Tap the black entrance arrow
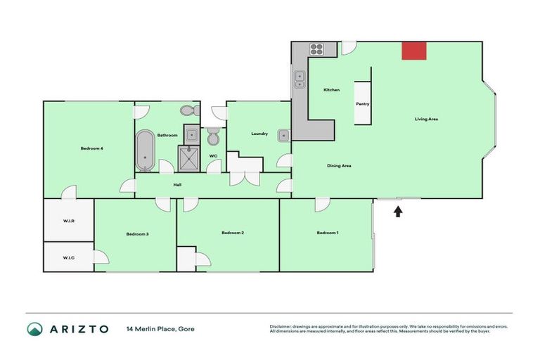coord(397,210)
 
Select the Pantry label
coord(362,104)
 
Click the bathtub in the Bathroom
coord(146,149)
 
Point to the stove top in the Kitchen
coord(316,49)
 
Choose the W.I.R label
coord(69,221)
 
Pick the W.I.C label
coord(69,257)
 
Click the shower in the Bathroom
coord(191,157)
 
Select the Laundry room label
coord(259,134)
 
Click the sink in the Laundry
coord(283,135)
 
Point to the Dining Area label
coord(339,166)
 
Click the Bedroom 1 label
coord(327,233)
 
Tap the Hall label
coord(179,185)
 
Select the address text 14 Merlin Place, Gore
coord(160,328)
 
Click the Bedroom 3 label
coord(137,233)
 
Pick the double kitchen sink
coord(300,79)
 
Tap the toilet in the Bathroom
coord(188,110)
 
